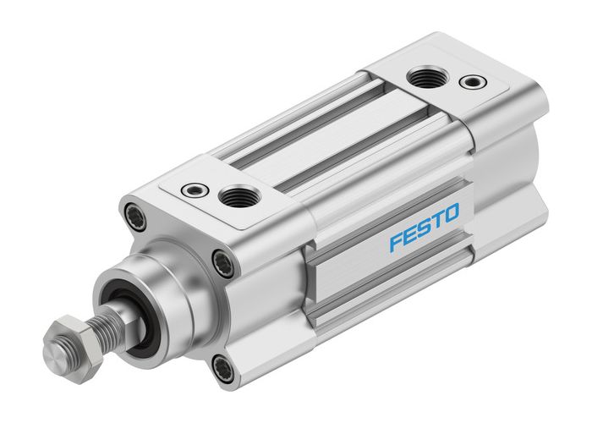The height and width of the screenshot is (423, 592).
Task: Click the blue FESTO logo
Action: (425, 228)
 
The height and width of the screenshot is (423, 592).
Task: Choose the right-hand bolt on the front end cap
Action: (222, 264)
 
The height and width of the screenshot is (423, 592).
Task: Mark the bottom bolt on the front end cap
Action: (221, 366)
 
